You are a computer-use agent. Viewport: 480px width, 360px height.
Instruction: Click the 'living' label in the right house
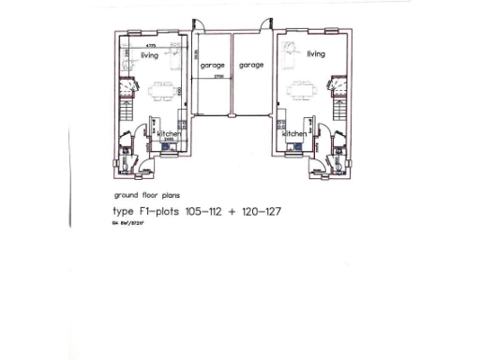tap(316, 54)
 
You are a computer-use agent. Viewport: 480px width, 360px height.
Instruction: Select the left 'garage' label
tap(212, 66)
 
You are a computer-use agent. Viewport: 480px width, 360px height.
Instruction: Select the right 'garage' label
tap(251, 66)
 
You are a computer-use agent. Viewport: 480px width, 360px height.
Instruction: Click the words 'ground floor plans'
tap(142, 197)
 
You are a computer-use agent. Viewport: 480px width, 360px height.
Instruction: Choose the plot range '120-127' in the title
tap(262, 212)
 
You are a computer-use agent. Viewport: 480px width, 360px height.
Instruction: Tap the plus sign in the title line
tap(232, 212)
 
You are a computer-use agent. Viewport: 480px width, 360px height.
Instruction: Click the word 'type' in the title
tap(124, 213)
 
